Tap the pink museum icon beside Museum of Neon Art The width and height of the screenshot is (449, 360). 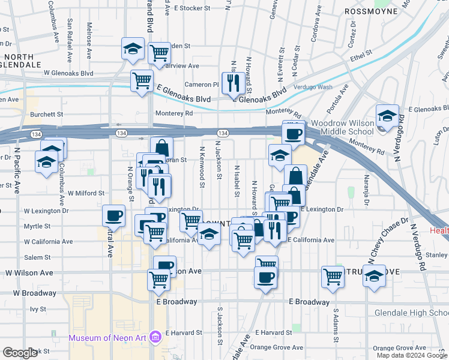pyautogui.click(x=155, y=338)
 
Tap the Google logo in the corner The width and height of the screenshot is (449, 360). pyautogui.click(x=20, y=353)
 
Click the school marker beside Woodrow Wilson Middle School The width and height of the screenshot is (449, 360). pyautogui.click(x=387, y=116)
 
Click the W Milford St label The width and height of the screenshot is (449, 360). pyautogui.click(x=86, y=193)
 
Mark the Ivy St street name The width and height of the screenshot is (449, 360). pyautogui.click(x=38, y=309)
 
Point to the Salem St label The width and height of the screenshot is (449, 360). pyautogui.click(x=37, y=257)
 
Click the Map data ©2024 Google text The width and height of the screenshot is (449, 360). pyautogui.click(x=412, y=355)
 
